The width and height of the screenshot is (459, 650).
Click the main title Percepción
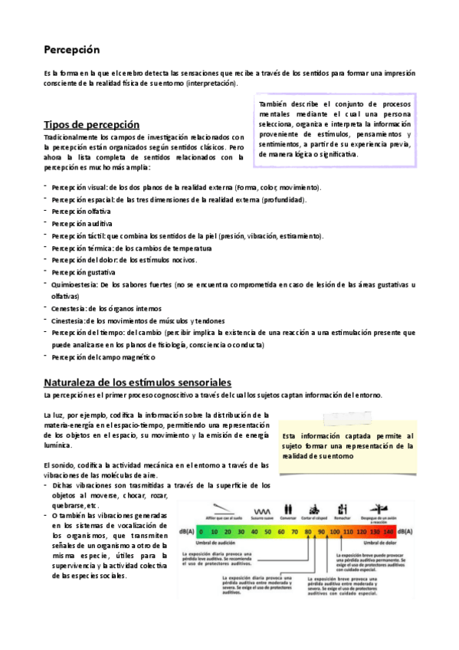[72, 49]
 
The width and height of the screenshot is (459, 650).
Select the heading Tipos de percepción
[92, 123]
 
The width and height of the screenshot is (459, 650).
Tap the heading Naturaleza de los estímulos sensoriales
[138, 381]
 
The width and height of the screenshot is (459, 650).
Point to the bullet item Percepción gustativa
[84, 272]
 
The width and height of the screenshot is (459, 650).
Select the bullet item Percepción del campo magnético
[103, 357]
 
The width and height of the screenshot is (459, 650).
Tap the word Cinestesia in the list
[67, 320]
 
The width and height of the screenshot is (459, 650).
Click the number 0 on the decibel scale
[202, 530]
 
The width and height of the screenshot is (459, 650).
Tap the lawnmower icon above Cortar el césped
[313, 508]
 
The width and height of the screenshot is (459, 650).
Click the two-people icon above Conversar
[288, 508]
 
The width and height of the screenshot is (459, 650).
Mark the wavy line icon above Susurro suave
[262, 510]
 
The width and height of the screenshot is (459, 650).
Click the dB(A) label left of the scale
[186, 530]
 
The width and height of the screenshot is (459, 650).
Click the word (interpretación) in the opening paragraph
[211, 83]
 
